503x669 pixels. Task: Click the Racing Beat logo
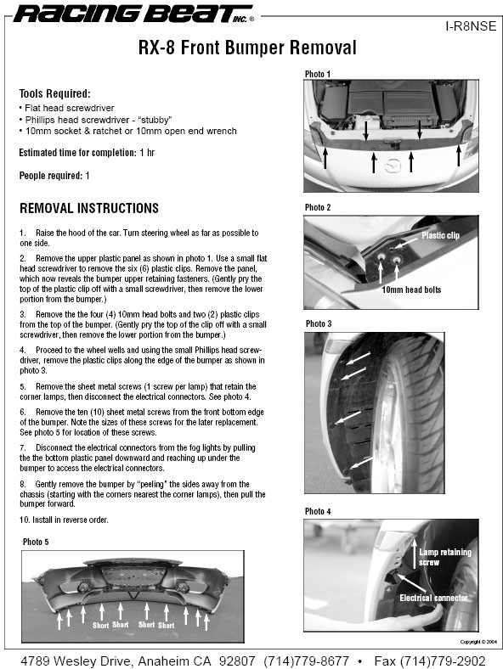(133, 14)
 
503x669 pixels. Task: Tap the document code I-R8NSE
(471, 26)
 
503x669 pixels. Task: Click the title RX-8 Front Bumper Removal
(247, 48)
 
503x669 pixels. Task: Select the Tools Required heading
(54, 93)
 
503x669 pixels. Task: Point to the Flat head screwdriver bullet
(66, 108)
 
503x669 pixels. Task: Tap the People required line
(54, 176)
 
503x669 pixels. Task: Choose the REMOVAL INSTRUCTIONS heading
(89, 208)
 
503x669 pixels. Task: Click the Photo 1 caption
(317, 74)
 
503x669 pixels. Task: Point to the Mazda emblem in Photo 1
(393, 166)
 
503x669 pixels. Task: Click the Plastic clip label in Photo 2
(440, 235)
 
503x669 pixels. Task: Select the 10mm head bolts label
(411, 290)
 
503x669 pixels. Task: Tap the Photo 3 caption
(319, 323)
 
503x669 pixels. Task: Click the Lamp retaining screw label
(445, 557)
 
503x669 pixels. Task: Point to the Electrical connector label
(433, 598)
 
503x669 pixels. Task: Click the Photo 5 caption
(36, 542)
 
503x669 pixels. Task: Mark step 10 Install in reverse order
(64, 520)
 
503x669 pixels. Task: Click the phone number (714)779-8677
(306, 661)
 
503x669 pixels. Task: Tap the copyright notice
(478, 642)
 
